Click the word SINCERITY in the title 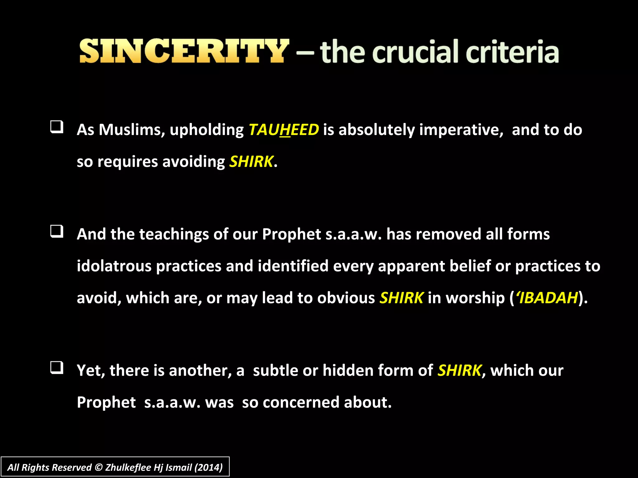[184, 51]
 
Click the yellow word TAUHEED [283, 130]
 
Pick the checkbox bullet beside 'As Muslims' [57, 127]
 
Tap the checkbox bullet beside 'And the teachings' [57, 232]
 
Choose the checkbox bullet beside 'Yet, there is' [57, 368]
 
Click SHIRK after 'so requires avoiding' [251, 162]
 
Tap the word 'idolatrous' [114, 266]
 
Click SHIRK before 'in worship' [401, 298]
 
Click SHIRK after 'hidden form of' [459, 370]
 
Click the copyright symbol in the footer [98, 467]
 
